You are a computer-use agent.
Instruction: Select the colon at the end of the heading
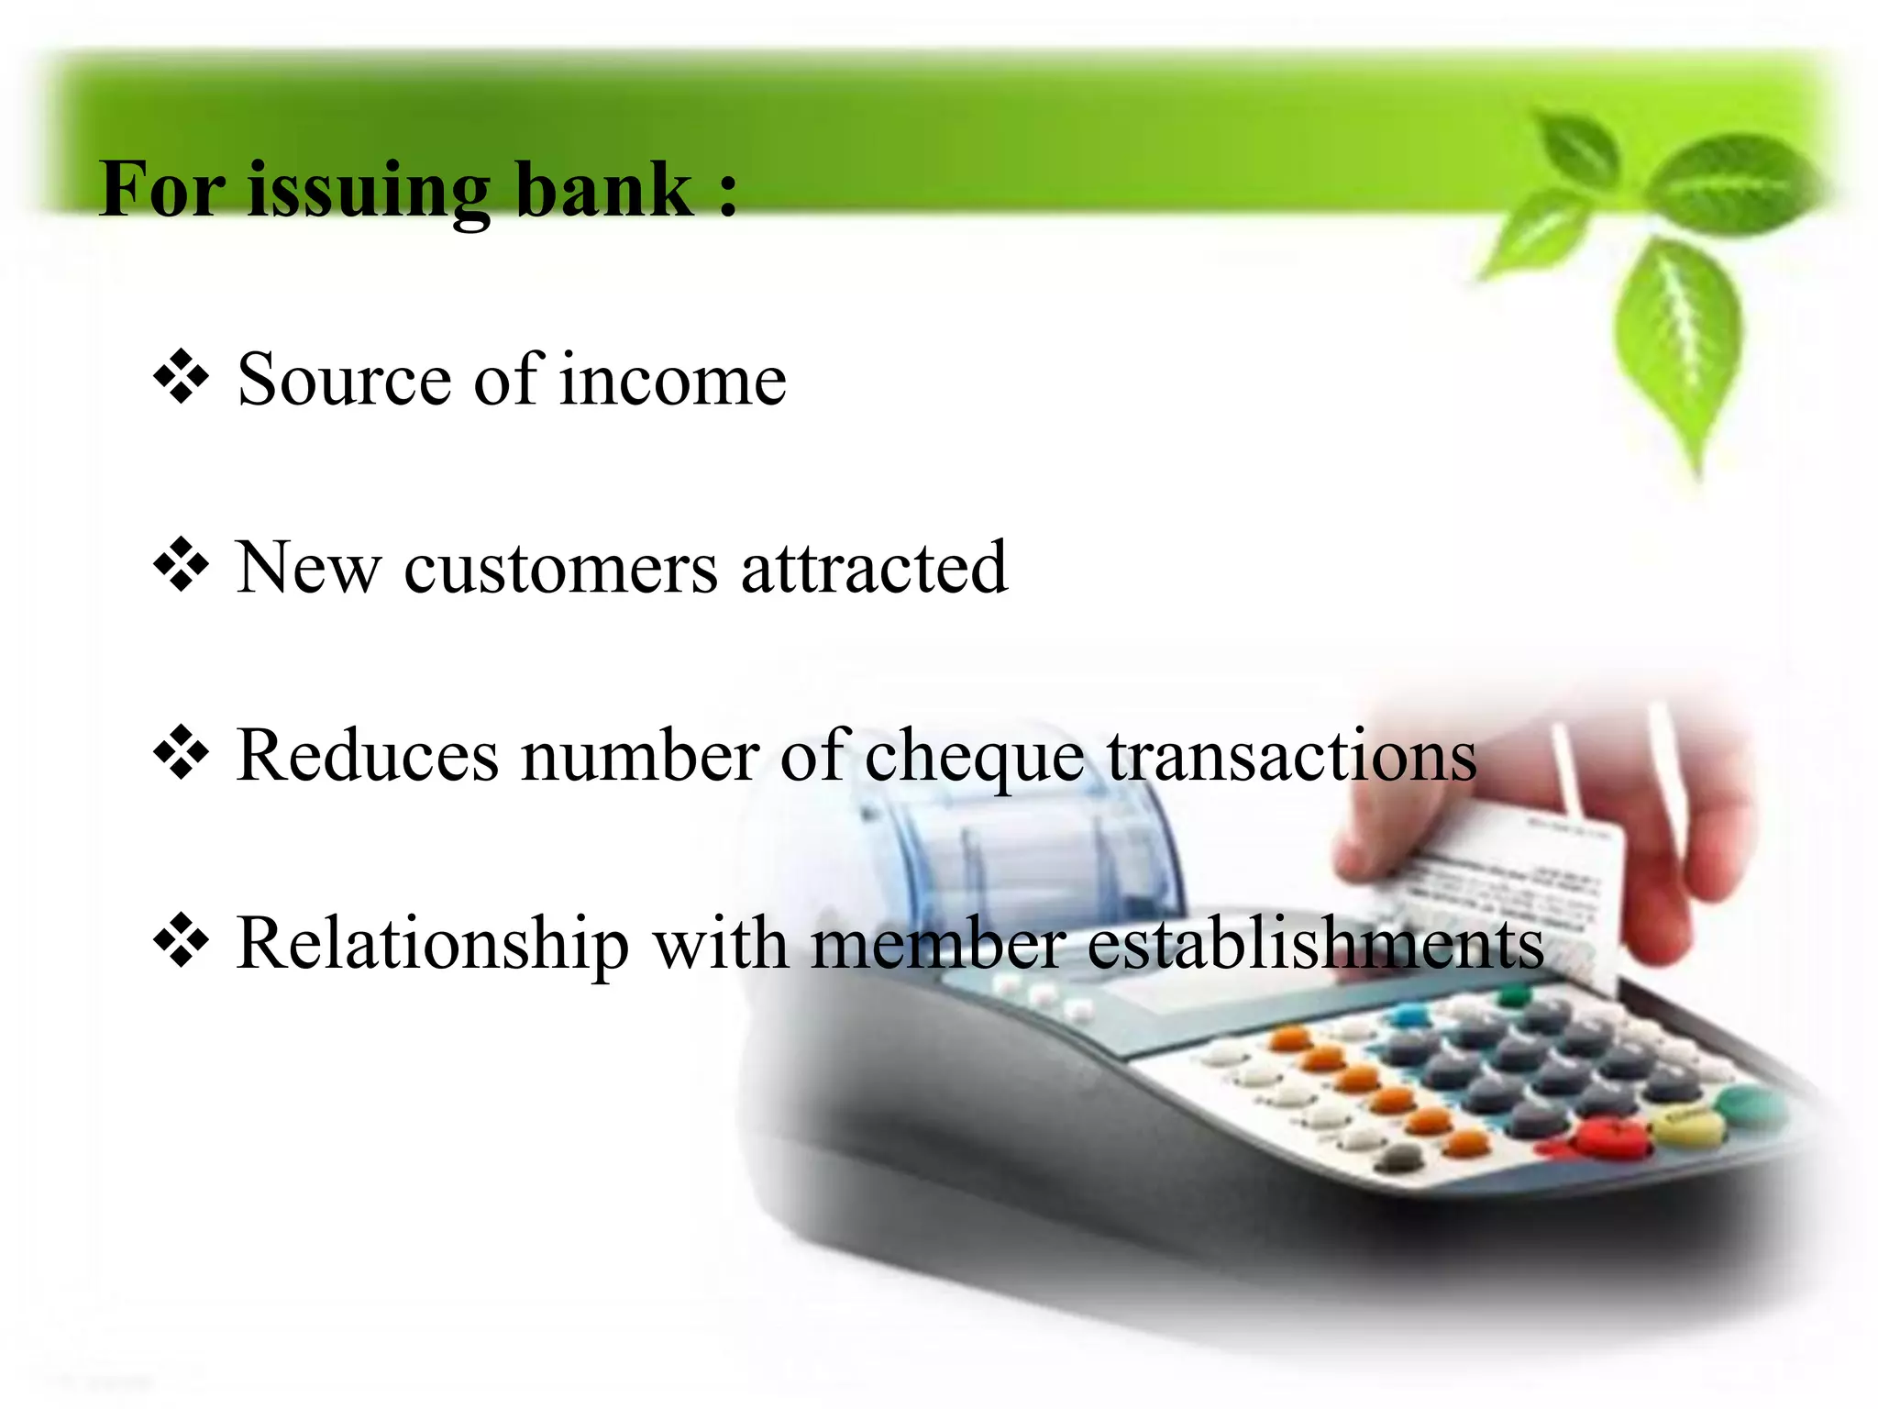tap(728, 193)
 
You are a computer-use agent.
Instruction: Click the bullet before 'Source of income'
tap(182, 377)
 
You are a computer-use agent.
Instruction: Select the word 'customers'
tap(560, 570)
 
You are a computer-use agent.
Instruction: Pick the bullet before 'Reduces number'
tap(182, 753)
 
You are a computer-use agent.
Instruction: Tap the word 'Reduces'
tap(367, 756)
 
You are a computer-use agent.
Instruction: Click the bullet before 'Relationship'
tap(182, 941)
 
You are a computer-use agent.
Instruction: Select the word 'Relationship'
tap(432, 945)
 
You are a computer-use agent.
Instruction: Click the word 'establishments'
tap(1315, 945)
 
